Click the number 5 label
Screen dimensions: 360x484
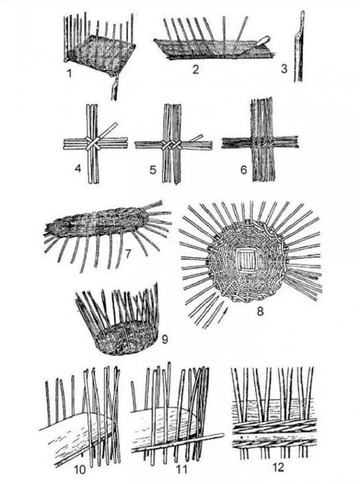(x=153, y=171)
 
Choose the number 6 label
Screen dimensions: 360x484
(x=243, y=171)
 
